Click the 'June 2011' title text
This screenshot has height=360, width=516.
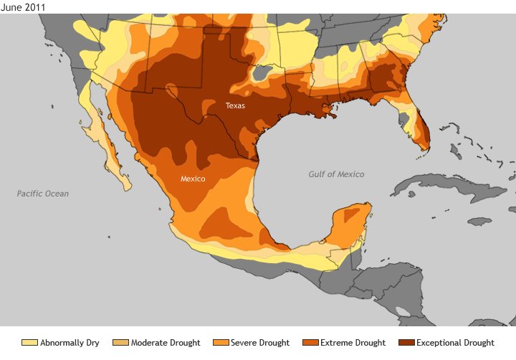pos(24,6)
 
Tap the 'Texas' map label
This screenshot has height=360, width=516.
pos(235,105)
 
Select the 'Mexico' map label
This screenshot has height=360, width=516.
pos(193,179)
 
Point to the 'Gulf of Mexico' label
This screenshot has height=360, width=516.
pos(336,174)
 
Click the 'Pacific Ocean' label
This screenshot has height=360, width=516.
pos(43,194)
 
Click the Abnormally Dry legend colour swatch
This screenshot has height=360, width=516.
pos(29,343)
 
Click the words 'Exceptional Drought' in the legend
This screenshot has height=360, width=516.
pos(455,343)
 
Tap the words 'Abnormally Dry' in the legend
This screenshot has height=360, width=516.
pos(70,343)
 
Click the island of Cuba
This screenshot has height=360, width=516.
pos(437,185)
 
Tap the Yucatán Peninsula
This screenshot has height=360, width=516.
pos(350,224)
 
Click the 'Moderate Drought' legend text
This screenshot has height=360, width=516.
pos(166,343)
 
